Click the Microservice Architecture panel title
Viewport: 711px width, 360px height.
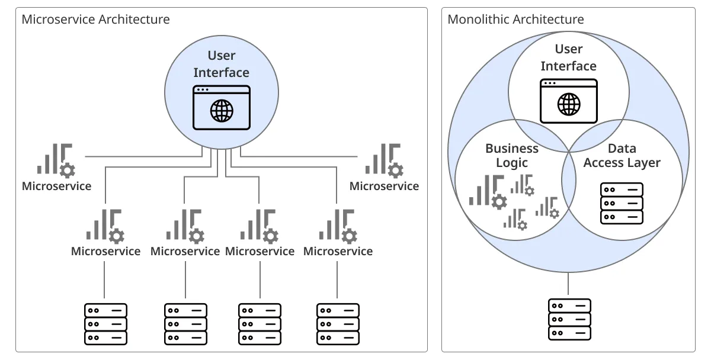[95, 20]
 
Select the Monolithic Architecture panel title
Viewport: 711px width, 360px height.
[515, 20]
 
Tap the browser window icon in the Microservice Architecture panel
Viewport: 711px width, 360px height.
[222, 108]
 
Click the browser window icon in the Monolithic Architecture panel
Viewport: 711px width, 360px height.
[568, 101]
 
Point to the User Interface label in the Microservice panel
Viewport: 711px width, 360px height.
[222, 64]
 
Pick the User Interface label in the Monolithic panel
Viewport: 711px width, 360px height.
[568, 57]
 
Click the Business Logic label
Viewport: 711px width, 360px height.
[512, 155]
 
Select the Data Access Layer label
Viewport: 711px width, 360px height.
[622, 155]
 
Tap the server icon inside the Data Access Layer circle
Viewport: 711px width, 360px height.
[622, 203]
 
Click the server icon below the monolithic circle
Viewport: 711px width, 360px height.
[569, 319]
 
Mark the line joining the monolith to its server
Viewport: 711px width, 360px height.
[569, 285]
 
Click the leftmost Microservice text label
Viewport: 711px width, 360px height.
[57, 186]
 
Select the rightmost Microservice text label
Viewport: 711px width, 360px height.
[384, 186]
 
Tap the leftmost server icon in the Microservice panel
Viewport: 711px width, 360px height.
[105, 324]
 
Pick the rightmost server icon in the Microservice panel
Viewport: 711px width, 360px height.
[338, 324]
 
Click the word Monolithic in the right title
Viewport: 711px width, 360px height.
[479, 20]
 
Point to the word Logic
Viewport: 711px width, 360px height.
[512, 163]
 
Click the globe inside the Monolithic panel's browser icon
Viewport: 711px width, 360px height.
[569, 105]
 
